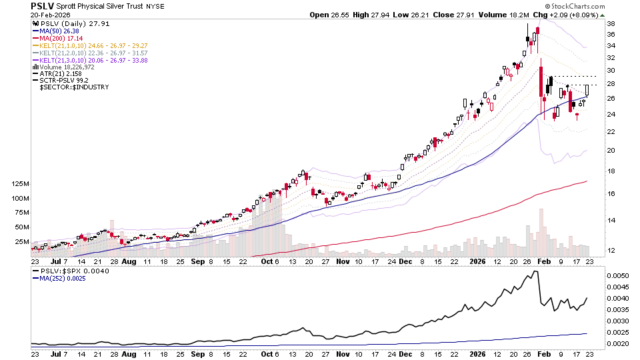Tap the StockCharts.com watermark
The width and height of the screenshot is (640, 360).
[576, 6]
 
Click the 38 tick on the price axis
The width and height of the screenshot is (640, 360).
[609, 23]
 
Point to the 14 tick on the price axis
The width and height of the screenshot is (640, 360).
[609, 221]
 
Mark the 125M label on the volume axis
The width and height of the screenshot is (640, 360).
[18, 183]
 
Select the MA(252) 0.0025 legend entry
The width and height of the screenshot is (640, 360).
[62, 280]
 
